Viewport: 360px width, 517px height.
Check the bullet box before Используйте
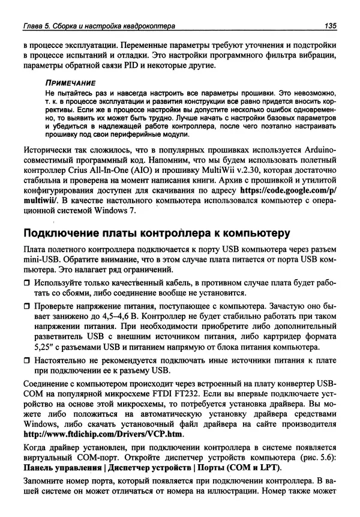tap(26, 283)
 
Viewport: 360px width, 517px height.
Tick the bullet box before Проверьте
tap(26, 306)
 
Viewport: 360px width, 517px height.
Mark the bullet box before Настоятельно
tap(26, 361)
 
